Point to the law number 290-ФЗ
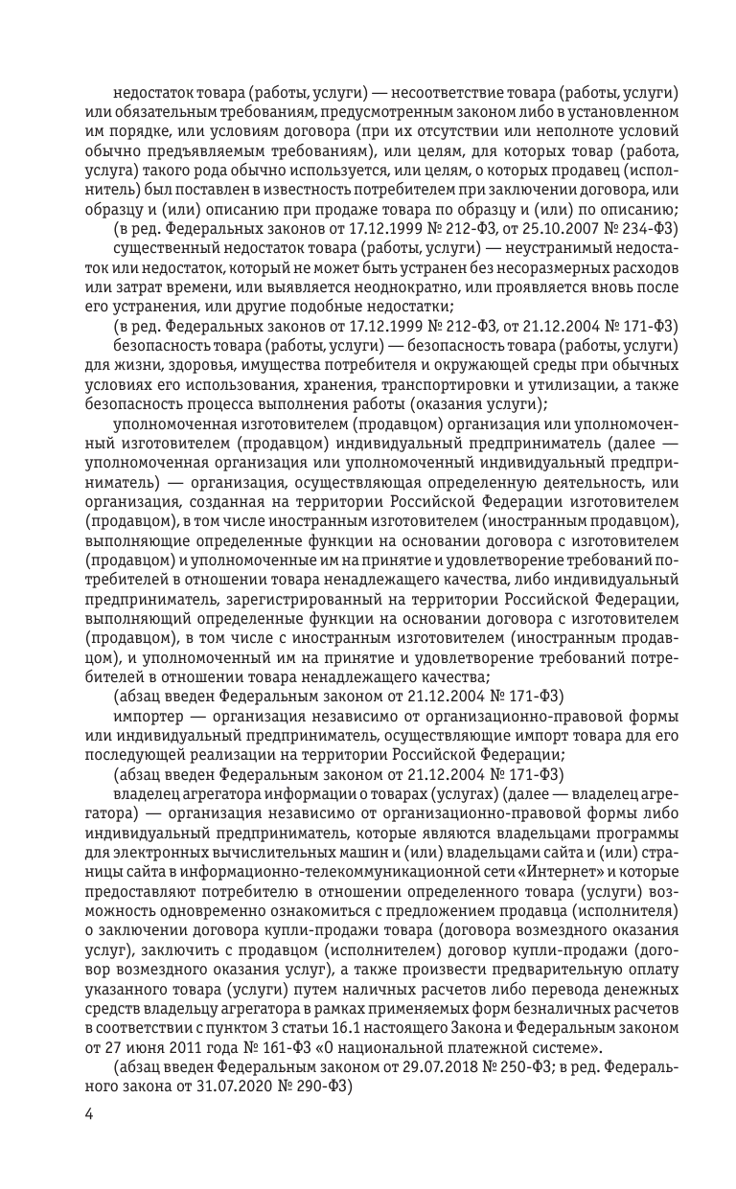pyautogui.click(x=308, y=1086)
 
